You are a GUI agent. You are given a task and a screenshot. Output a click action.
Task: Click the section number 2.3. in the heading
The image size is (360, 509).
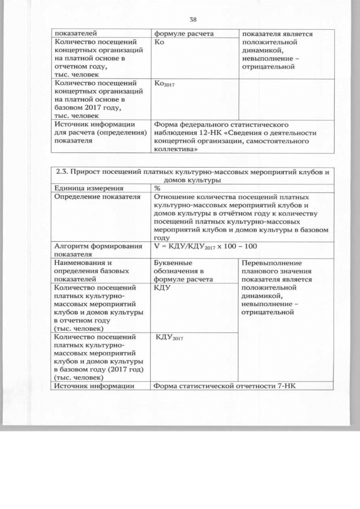point(63,172)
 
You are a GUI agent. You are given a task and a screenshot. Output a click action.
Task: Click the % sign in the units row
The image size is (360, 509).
point(157,188)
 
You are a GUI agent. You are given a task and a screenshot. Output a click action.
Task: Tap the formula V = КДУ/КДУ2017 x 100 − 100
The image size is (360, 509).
point(208,246)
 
